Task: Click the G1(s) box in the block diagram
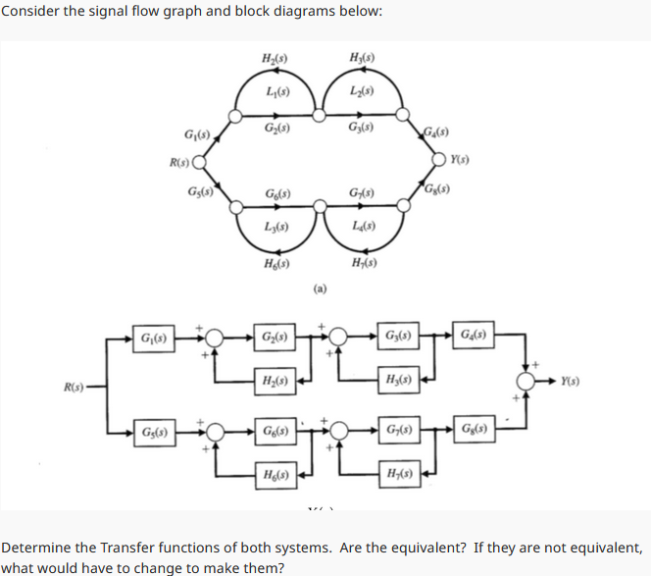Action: point(154,339)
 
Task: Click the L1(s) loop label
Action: point(275,91)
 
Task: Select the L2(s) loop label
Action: point(358,91)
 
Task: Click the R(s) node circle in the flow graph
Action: point(197,162)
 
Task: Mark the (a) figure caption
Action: point(318,288)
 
